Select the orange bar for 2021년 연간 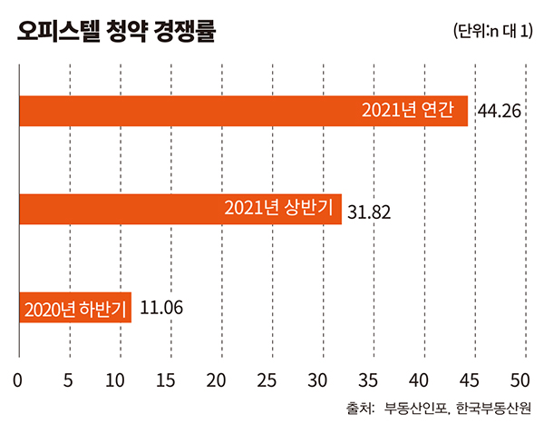point(181,111)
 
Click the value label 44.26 point(498,113)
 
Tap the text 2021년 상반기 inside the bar point(283,210)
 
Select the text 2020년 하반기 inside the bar point(76,308)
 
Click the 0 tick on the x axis point(19,376)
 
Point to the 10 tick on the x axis point(119,376)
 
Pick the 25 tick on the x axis point(269,376)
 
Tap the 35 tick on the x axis point(369,376)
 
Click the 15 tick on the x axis point(169,376)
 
